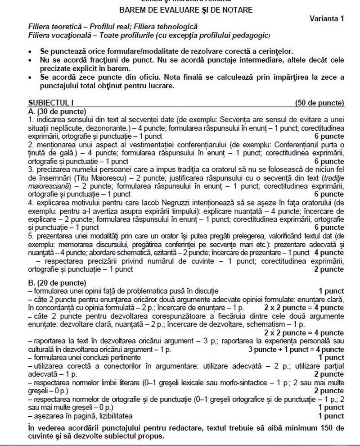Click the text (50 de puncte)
click(x=319, y=103)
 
